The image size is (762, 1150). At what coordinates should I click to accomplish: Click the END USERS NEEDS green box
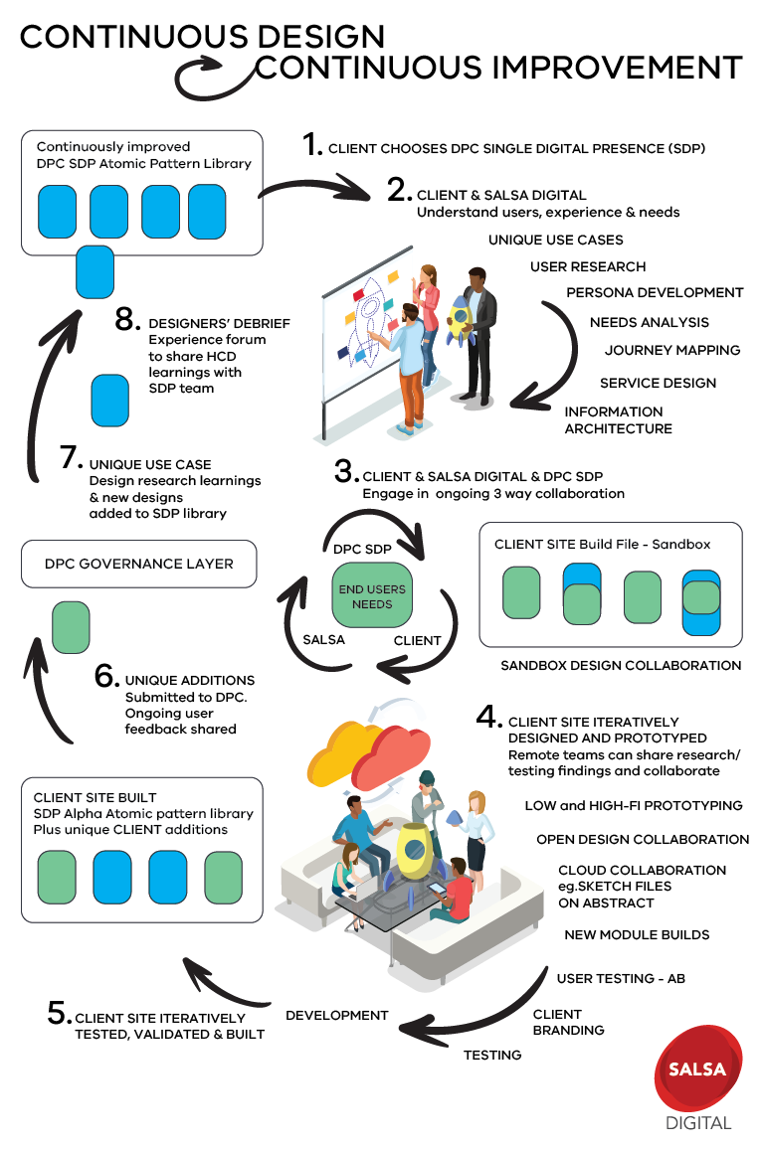(372, 596)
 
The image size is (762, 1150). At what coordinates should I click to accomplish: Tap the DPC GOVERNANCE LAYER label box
(139, 564)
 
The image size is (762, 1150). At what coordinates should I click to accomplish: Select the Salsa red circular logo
(697, 1069)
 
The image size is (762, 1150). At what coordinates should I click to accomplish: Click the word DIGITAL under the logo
(698, 1123)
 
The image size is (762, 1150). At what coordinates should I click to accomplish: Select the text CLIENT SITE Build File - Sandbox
(602, 545)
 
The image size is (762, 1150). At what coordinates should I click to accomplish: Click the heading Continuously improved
(113, 147)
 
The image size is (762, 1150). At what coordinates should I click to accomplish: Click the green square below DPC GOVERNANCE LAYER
(71, 627)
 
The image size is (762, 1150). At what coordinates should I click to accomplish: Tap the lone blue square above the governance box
(109, 401)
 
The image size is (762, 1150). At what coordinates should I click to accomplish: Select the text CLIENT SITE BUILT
(95, 797)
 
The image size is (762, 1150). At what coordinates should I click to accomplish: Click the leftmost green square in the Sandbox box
(521, 593)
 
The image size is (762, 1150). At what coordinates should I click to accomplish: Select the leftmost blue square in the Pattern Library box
(58, 212)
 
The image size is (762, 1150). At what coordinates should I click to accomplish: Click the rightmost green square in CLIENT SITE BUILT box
(223, 877)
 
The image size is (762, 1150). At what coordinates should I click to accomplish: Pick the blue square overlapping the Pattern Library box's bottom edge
(95, 271)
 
